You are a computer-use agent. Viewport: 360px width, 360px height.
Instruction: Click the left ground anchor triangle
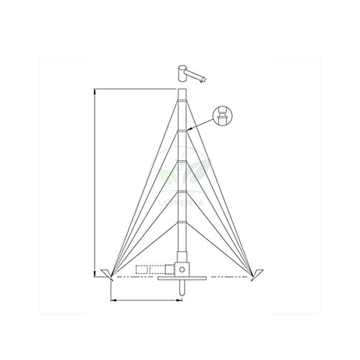[108, 275]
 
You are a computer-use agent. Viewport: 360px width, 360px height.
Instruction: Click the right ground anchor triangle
[256, 275]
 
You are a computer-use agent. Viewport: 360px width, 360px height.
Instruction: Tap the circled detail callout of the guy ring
[223, 115]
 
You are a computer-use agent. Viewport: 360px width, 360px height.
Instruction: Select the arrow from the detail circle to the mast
[200, 124]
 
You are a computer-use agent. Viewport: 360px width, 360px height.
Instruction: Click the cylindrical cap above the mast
[182, 73]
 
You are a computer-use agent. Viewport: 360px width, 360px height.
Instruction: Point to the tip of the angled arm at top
[205, 79]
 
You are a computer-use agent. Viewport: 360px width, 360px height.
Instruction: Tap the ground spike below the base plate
[182, 288]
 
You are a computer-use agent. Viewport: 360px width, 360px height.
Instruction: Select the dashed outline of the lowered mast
[153, 269]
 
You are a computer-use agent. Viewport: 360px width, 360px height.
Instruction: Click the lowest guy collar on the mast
[182, 220]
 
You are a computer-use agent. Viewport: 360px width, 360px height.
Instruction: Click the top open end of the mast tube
[182, 90]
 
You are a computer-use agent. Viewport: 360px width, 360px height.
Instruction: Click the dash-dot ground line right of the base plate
[228, 278]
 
